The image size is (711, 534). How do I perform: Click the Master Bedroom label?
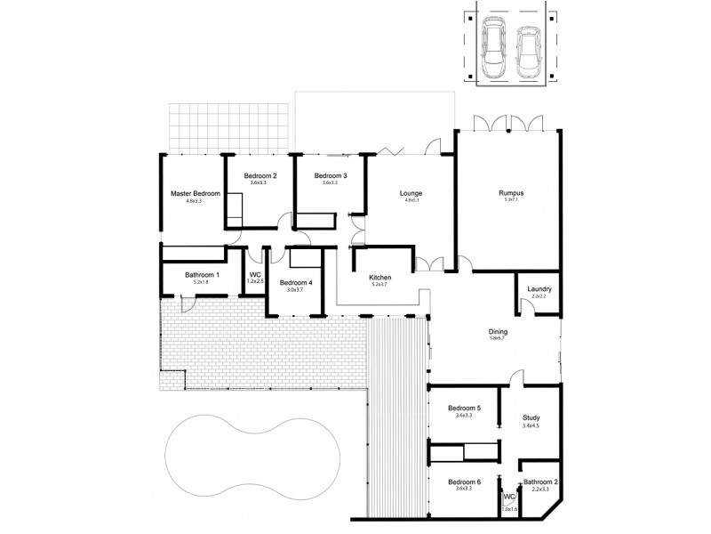[x=195, y=193]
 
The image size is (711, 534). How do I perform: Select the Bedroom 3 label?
[x=331, y=176]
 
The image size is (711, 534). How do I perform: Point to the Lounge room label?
[x=411, y=193]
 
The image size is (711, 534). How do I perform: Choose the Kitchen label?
[x=380, y=278]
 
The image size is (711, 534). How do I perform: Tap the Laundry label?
[x=540, y=288]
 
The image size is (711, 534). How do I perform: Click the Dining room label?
[x=499, y=330]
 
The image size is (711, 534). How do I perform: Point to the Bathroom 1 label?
[x=203, y=275]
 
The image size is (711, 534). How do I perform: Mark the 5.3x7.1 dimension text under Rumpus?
[x=510, y=201]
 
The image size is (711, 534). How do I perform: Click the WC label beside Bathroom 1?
[x=254, y=275]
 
